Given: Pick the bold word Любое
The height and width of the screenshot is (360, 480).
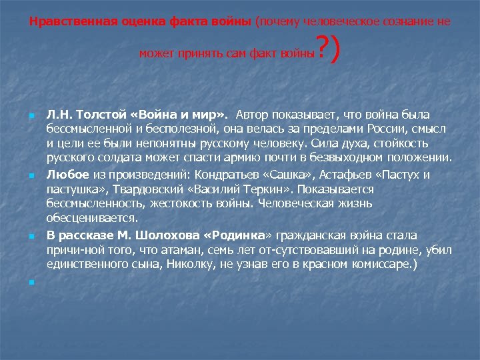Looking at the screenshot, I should point(65,175).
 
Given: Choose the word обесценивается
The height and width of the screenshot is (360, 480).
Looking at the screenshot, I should point(92,218).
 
